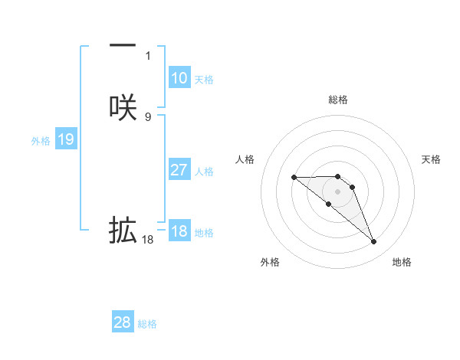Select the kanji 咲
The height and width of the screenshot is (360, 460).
[x=123, y=107]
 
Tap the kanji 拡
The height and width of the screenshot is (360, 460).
[x=123, y=230]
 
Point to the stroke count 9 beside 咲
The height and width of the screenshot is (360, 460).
[x=148, y=116]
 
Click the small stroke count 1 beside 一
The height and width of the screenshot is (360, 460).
[x=148, y=56]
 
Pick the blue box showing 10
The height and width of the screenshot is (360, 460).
[x=179, y=78]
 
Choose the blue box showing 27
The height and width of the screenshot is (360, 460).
[x=179, y=170]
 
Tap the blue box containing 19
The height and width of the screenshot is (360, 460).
[x=66, y=139]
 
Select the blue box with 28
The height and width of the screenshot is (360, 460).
[x=123, y=322]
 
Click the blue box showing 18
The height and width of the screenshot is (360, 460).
[x=179, y=231]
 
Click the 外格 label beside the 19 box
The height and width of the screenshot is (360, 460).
[x=41, y=141]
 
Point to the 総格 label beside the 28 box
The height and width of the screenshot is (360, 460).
[x=147, y=324]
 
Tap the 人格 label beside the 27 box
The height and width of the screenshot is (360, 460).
[x=204, y=172]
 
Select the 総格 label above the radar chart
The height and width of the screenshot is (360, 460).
[x=338, y=100]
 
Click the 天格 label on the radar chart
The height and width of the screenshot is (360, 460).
[x=432, y=159]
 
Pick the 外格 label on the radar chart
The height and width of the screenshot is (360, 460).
[x=270, y=262]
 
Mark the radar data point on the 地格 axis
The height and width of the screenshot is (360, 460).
[x=374, y=242]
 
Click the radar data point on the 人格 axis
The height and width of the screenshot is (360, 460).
[x=294, y=178]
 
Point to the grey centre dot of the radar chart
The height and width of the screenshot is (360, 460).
[x=338, y=191]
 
